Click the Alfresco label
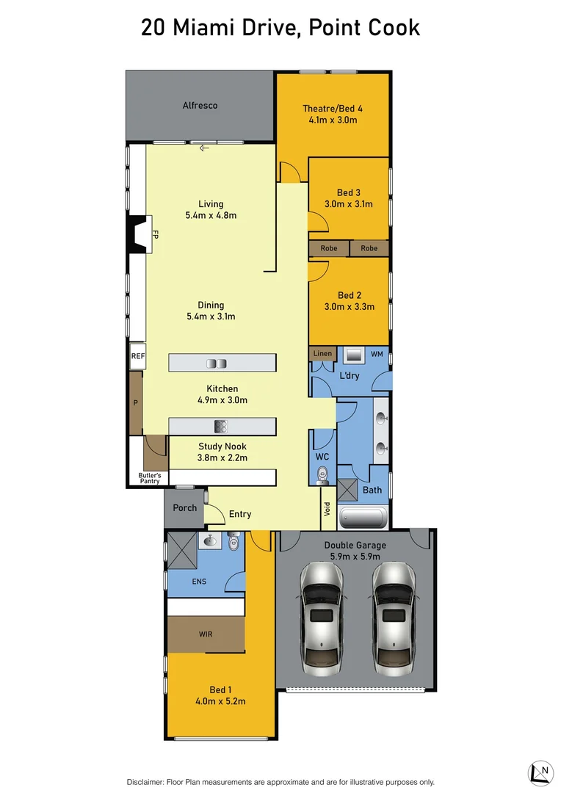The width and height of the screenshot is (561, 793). coord(200,106)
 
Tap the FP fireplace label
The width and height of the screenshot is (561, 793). coord(155,235)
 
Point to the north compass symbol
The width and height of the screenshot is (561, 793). coord(540,772)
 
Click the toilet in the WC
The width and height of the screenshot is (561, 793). coord(321,477)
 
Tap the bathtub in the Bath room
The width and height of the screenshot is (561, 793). coord(363,519)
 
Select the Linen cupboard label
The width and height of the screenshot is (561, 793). coord(322,354)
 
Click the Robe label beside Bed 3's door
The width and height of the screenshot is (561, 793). coord(329,249)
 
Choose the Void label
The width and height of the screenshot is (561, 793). coord(327,509)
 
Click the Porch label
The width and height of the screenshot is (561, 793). coord(184,508)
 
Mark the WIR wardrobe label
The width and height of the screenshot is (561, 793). coord(206,634)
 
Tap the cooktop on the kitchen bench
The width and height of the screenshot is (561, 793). coord(221,426)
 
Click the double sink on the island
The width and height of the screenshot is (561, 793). coord(217,363)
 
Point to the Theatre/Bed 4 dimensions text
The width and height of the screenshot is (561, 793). coord(333,120)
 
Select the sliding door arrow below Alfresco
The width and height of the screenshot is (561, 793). coord(204,148)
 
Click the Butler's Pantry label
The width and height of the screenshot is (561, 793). coord(149,478)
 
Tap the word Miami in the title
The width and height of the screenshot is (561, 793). coord(205,28)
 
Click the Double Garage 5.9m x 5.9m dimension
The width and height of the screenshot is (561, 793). coord(355,557)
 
